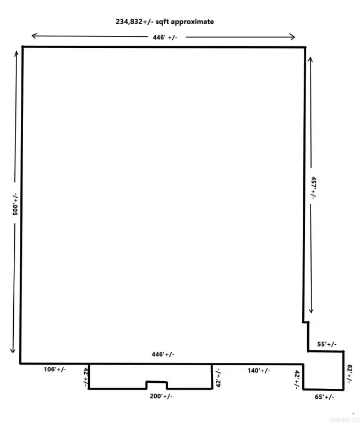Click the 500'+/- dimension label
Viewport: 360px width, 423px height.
17,203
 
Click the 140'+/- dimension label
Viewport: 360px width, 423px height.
258,371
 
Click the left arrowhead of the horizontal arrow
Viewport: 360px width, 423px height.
33,36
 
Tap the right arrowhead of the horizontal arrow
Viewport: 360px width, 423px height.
294,37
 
